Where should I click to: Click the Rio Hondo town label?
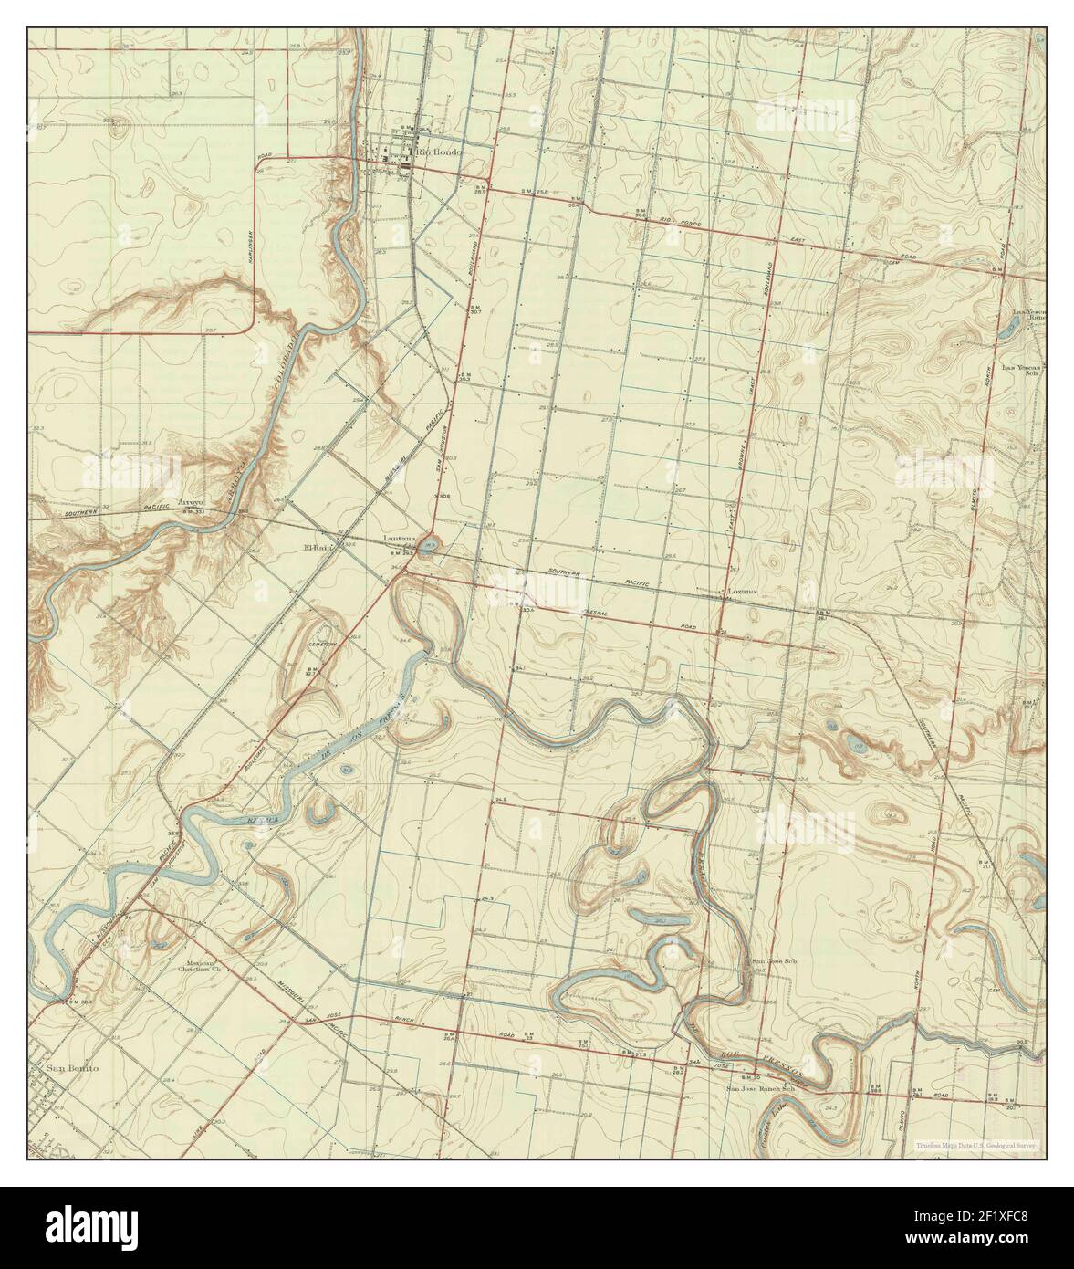[x=438, y=152]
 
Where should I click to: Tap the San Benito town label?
[x=72, y=1067]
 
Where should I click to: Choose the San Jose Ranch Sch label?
[x=762, y=1088]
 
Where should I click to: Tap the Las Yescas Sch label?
[x=1022, y=370]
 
